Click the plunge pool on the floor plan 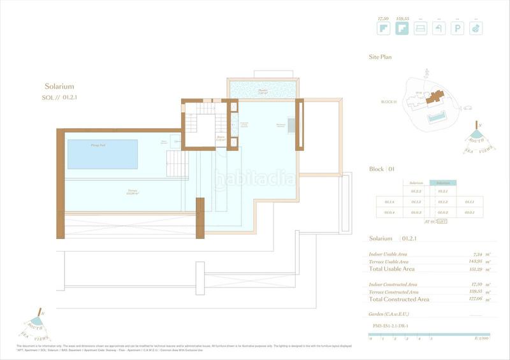pyautogui.click(x=102, y=154)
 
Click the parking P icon pyautogui.click(x=457, y=28)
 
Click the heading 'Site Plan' pyautogui.click(x=380, y=57)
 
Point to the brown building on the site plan pyautogui.click(x=436, y=97)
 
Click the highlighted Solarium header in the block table pyautogui.click(x=442, y=182)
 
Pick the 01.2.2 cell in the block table pyautogui.click(x=416, y=191)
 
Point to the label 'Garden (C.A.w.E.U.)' pyautogui.click(x=390, y=314)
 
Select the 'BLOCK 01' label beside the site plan pyautogui.click(x=388, y=101)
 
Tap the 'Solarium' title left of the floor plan pyautogui.click(x=59, y=86)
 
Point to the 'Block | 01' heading pyautogui.click(x=382, y=169)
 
